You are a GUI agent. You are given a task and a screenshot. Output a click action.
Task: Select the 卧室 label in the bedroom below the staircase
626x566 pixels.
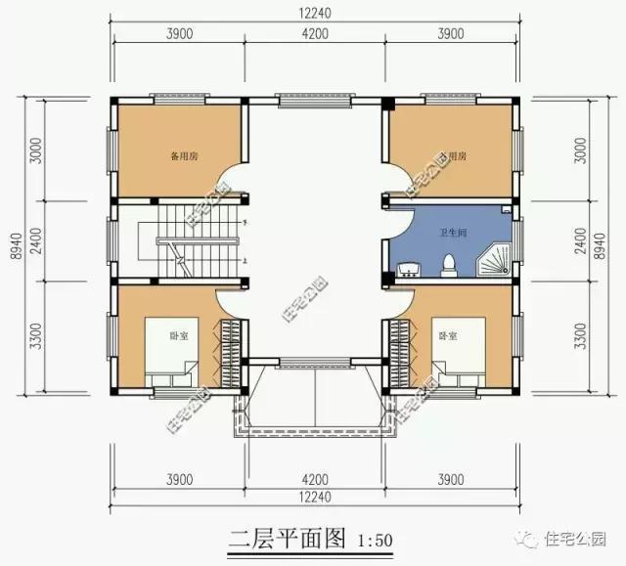(179, 335)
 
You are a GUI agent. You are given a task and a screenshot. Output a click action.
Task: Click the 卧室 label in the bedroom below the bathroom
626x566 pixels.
(448, 335)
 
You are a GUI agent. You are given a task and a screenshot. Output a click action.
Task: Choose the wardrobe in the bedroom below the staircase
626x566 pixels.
(232, 353)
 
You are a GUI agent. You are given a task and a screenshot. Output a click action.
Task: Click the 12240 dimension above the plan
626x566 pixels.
(314, 11)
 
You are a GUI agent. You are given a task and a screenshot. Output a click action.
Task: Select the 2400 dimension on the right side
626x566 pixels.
(581, 239)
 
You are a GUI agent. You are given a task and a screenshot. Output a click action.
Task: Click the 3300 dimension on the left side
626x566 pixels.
(35, 336)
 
